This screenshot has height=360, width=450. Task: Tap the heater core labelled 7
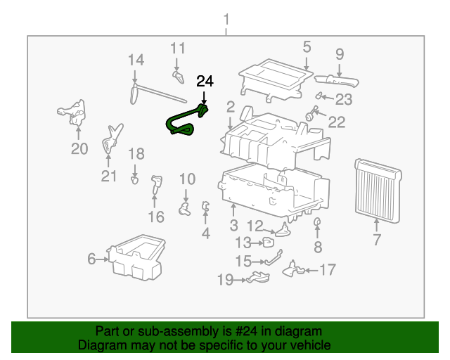click(377, 186)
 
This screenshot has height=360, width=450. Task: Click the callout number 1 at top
click(226, 19)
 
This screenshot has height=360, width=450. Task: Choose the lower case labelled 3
click(274, 190)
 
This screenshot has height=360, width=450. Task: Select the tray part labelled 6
click(137, 257)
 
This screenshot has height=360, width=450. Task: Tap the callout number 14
click(135, 60)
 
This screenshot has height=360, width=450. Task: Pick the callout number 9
click(340, 53)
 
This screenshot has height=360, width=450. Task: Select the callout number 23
click(343, 99)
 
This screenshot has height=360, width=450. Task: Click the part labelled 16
click(155, 186)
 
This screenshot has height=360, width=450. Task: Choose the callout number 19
click(225, 281)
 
